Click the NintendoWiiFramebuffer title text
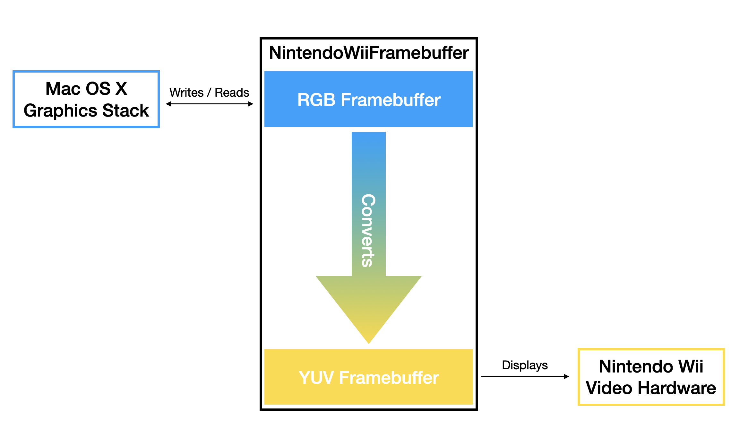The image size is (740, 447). pyautogui.click(x=369, y=53)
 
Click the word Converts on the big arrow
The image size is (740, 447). pyautogui.click(x=368, y=230)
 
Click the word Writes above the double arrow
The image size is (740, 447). pyautogui.click(x=186, y=92)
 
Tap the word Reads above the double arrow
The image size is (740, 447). pyautogui.click(x=232, y=92)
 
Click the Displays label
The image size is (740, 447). pyautogui.click(x=525, y=365)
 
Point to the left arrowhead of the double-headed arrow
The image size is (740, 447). pyautogui.click(x=168, y=104)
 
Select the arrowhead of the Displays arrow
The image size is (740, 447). pyautogui.click(x=567, y=376)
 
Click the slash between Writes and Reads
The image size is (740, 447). pyautogui.click(x=209, y=93)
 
